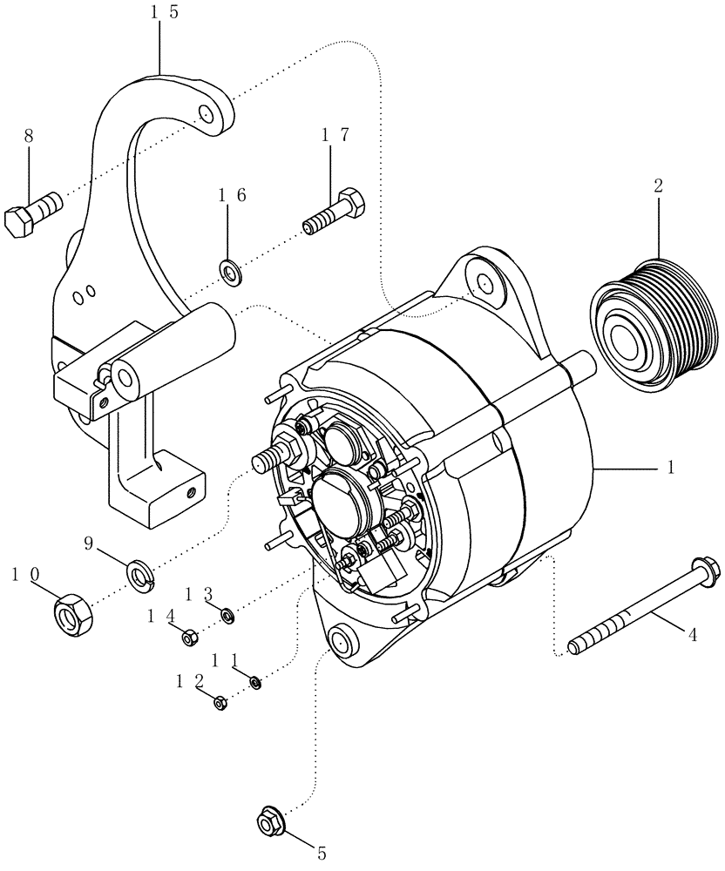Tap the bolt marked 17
(335, 212)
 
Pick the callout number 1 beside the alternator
(670, 467)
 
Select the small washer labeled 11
(255, 682)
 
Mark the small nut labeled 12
(220, 702)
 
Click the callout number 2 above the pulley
(658, 185)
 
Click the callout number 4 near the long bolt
(693, 635)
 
